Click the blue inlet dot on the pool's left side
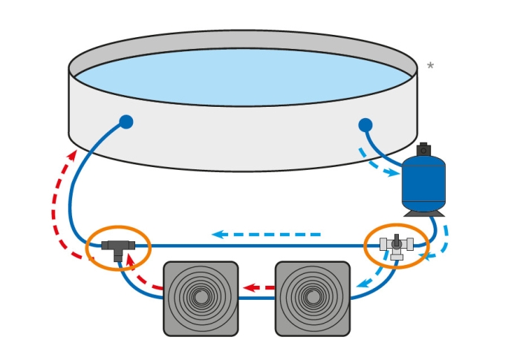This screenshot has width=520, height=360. tap(126, 122)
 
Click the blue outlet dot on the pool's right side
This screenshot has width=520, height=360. tap(365, 125)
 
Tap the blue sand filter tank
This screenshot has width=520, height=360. tap(423, 186)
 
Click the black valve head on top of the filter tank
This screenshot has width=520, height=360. tap(423, 149)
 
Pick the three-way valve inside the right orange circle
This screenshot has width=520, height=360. tap(397, 244)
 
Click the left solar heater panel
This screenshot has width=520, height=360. tap(201, 298)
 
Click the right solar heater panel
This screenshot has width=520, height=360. tap(313, 298)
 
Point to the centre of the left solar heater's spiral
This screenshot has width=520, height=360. tap(201, 298)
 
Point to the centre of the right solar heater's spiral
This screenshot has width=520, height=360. tap(313, 298)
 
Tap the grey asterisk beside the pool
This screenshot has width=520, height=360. tap(430, 67)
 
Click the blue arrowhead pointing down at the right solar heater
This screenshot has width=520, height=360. tap(362, 283)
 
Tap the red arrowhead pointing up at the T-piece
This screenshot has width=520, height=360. tap(131, 260)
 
